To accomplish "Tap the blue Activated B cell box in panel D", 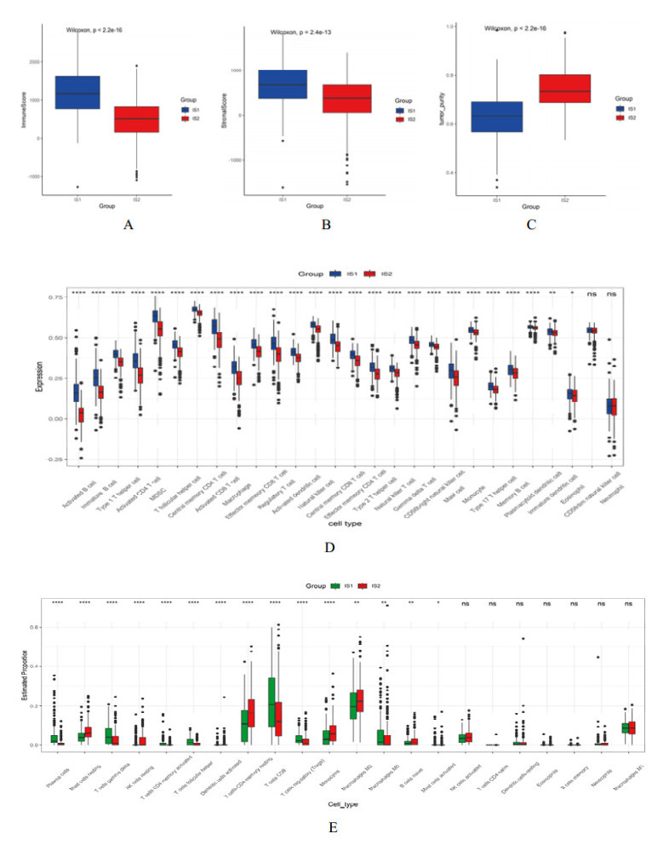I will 77,393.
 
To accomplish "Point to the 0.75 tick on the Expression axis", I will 56,297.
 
